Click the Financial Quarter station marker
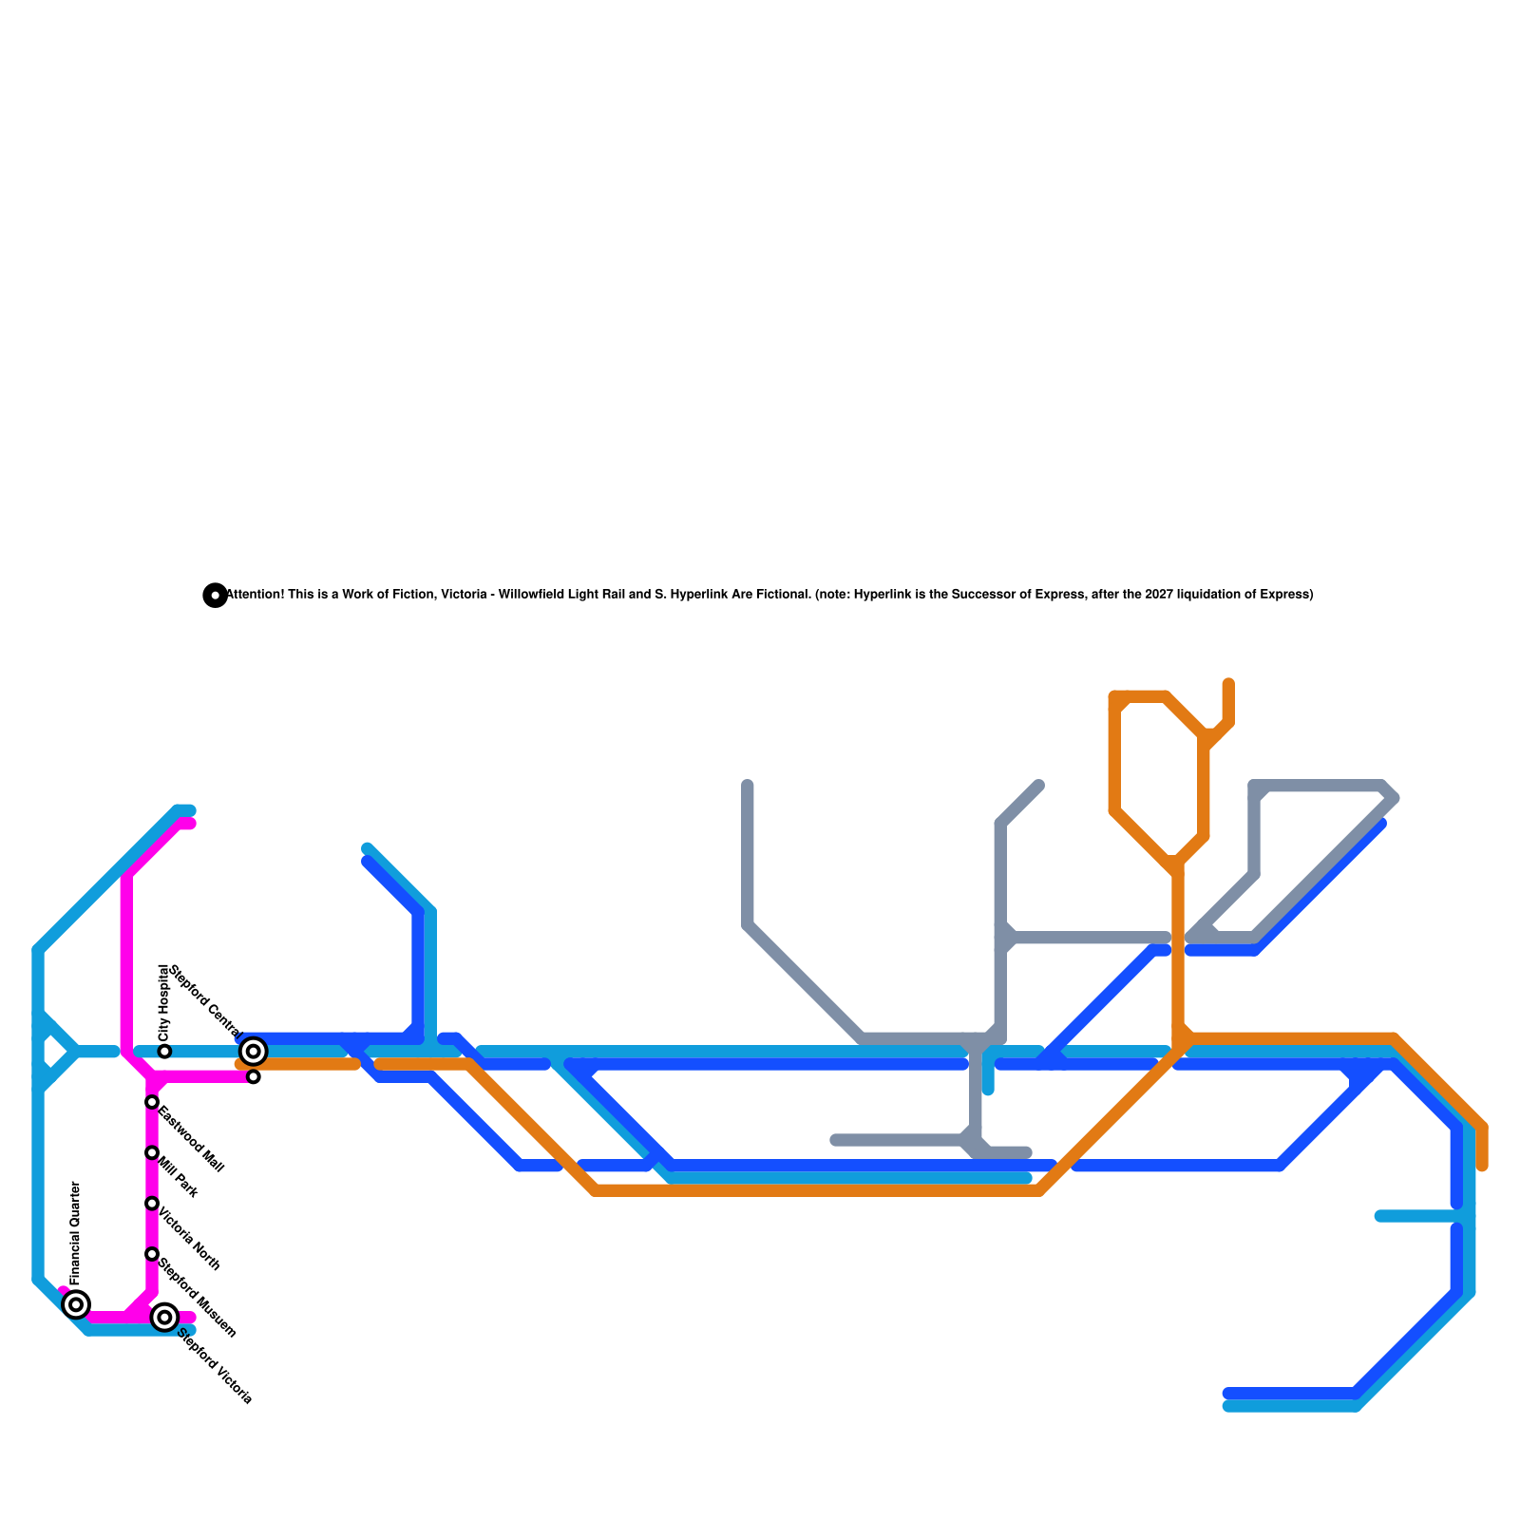[76, 1304]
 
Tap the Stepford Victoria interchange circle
[164, 1317]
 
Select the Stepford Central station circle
[253, 1051]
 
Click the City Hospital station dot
[164, 1052]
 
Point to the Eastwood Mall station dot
[152, 1102]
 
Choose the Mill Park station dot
[152, 1152]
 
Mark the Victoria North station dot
[152, 1204]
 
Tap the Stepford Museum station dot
[152, 1254]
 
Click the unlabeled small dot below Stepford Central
[254, 1076]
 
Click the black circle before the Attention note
[216, 596]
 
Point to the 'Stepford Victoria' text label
[216, 1365]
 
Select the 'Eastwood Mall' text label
[191, 1140]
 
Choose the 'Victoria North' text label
[189, 1239]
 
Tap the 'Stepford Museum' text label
[197, 1298]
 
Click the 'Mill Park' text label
[178, 1177]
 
